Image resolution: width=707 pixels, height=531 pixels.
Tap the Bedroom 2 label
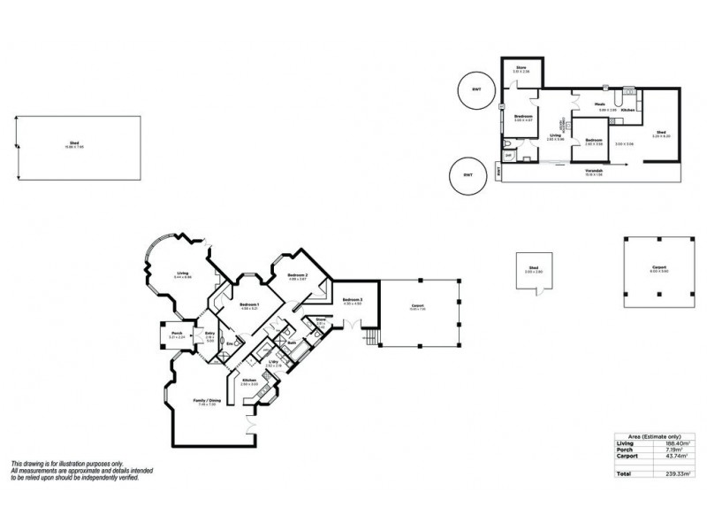click(297, 276)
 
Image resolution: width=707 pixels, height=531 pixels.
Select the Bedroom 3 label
click(353, 300)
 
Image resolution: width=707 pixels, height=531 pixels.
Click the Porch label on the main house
click(177, 334)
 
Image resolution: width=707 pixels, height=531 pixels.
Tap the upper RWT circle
click(476, 88)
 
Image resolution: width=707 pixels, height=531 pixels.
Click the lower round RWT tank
click(468, 174)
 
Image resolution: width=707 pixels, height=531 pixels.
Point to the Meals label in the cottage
click(598, 104)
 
